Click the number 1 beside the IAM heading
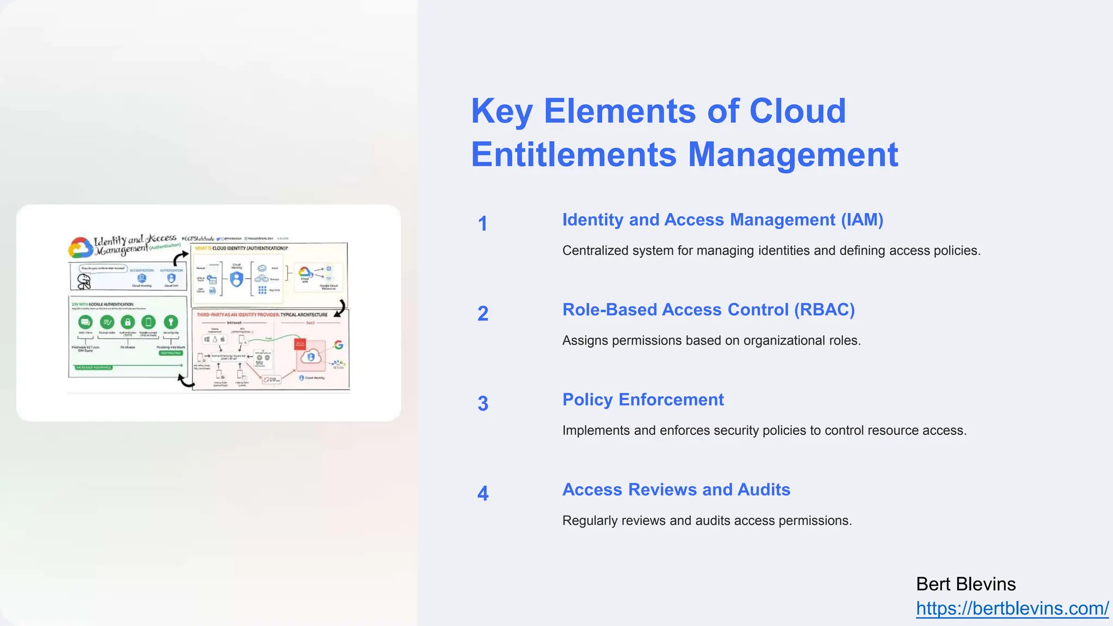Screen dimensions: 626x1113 click(483, 224)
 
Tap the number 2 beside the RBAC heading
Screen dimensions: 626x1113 click(483, 314)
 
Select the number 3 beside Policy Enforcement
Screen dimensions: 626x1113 click(483, 404)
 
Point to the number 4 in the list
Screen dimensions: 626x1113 click(483, 493)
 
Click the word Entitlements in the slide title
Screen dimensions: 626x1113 click(573, 155)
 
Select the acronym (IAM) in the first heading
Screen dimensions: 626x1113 click(862, 220)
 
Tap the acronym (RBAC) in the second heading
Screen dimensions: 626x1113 click(824, 310)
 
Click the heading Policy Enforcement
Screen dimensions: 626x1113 click(643, 399)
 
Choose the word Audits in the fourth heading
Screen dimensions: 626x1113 click(764, 490)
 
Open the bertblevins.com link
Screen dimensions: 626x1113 click(1012, 609)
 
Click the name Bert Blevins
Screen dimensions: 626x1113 click(966, 584)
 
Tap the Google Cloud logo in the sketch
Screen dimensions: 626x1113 click(80, 248)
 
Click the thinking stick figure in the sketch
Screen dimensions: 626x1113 click(84, 281)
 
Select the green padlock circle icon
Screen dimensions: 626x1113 click(127, 322)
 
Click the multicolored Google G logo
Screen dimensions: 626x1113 click(339, 345)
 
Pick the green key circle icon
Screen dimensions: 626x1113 click(171, 322)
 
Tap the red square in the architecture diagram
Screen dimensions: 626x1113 click(299, 344)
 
